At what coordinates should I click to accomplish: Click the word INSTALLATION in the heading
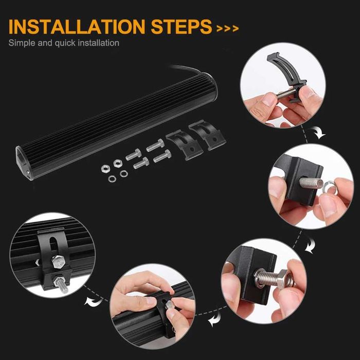(77, 27)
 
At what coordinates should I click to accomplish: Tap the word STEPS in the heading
(181, 27)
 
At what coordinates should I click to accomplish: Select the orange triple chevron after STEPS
(227, 28)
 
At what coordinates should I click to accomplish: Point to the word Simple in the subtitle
(22, 43)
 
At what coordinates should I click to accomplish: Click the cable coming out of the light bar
(186, 68)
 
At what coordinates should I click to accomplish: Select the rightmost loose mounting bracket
(207, 135)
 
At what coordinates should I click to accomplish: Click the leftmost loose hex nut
(105, 169)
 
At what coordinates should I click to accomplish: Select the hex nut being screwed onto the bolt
(285, 278)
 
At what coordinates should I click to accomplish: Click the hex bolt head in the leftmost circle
(59, 261)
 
